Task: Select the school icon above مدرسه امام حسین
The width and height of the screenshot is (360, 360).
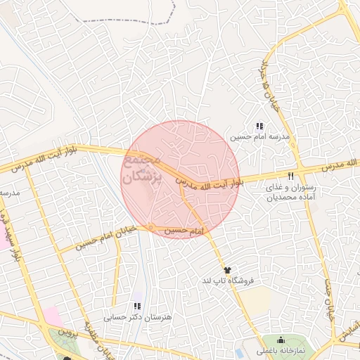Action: pos(259,126)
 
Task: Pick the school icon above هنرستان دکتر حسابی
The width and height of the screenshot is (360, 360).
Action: pos(137,307)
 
